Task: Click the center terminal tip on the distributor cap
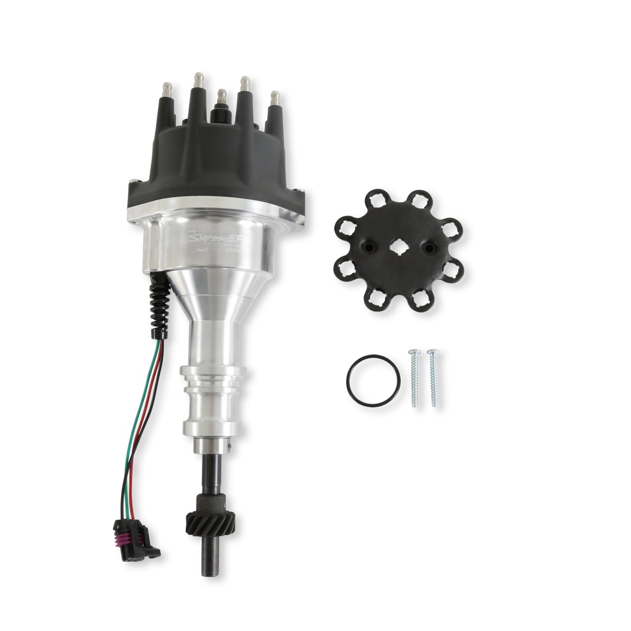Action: click(x=221, y=94)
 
